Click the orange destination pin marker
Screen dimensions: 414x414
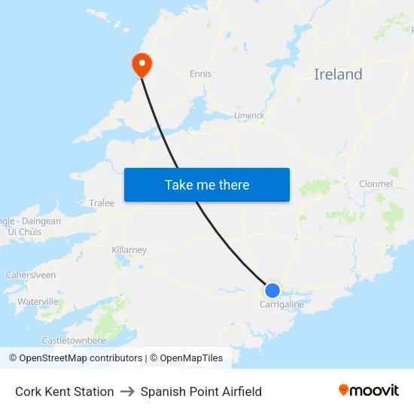click(x=142, y=64)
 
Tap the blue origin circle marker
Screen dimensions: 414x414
click(x=272, y=291)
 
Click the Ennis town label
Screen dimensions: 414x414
click(x=201, y=74)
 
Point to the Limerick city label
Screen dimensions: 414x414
click(x=249, y=115)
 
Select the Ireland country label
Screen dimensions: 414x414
click(x=338, y=75)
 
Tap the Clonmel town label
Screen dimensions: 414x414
click(x=376, y=184)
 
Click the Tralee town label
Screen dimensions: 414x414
click(x=102, y=203)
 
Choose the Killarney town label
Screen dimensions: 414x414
click(x=129, y=250)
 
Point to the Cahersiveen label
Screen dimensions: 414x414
click(x=31, y=275)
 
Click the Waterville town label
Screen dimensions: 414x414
click(x=38, y=301)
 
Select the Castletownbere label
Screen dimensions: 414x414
click(x=74, y=340)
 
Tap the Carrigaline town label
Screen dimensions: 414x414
click(x=282, y=304)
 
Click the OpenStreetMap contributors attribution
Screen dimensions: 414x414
click(x=80, y=358)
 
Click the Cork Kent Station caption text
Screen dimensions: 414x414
click(x=65, y=391)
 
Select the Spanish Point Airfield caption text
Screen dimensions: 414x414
click(x=201, y=391)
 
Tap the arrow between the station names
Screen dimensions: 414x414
click(x=127, y=391)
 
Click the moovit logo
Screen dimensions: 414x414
click(x=369, y=390)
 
